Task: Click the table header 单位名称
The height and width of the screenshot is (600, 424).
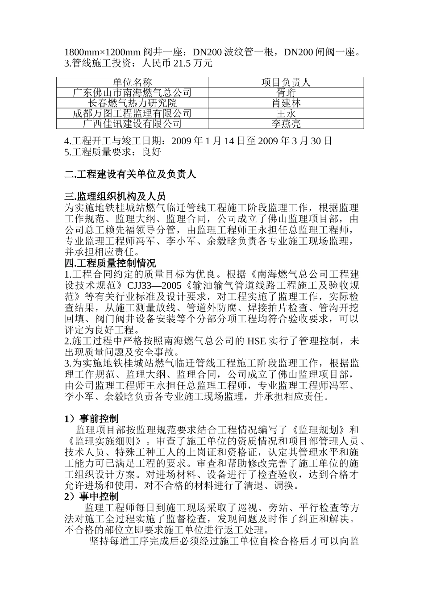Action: click(x=132, y=82)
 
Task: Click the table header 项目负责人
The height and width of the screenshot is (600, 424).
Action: click(x=286, y=82)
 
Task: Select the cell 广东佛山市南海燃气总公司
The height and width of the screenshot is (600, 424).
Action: click(x=132, y=93)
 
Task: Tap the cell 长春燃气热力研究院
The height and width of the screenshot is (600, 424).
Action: click(x=132, y=103)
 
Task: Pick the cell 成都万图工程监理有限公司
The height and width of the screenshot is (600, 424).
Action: click(x=132, y=113)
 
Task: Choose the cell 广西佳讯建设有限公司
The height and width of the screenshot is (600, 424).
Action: click(x=132, y=124)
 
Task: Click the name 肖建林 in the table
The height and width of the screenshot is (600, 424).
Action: click(x=286, y=103)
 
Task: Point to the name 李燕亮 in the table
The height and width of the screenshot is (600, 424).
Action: click(x=286, y=124)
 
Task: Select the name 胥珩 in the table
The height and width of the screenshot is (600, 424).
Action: click(x=286, y=93)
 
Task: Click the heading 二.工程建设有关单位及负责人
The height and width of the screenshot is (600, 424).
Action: click(x=130, y=175)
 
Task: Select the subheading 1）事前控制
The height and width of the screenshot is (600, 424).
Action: click(x=91, y=419)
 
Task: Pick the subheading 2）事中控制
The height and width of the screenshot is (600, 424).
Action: click(x=91, y=496)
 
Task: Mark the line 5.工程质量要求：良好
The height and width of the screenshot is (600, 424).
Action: click(x=112, y=152)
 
